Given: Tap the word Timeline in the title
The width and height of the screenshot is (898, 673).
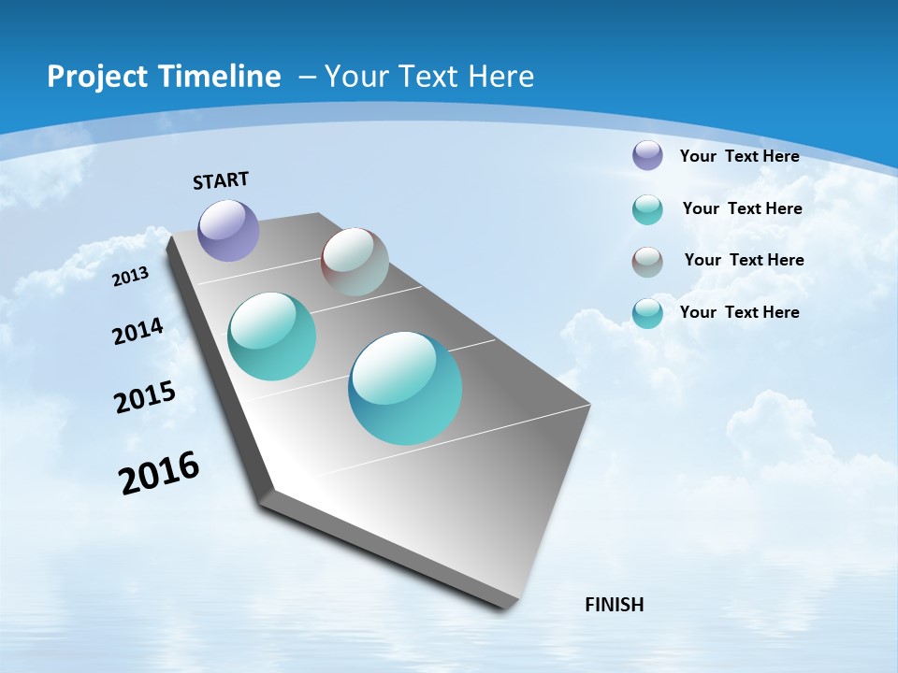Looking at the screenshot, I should (x=220, y=77).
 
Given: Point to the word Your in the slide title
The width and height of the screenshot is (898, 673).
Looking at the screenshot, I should (x=355, y=77).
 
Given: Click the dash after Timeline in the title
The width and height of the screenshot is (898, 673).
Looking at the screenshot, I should (x=307, y=77).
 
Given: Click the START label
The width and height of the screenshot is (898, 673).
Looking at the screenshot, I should (x=221, y=180).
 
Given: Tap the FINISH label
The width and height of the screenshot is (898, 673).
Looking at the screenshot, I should (x=614, y=605).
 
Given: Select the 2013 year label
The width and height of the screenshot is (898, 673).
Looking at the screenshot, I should (x=131, y=276).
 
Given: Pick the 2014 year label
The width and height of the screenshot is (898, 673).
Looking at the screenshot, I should (x=138, y=332).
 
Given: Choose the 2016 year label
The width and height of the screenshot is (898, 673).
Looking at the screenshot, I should (x=159, y=473).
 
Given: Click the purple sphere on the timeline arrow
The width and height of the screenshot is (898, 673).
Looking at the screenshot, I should (x=228, y=230).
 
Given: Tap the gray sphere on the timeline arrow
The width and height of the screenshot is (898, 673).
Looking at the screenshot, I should (x=355, y=262).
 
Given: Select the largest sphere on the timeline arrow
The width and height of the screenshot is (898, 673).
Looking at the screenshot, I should (x=405, y=388).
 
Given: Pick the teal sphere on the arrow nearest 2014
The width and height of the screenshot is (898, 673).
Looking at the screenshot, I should (x=272, y=336).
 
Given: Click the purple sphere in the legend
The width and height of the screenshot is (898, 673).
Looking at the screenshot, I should (x=647, y=155).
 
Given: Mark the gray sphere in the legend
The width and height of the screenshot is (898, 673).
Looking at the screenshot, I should (x=647, y=262).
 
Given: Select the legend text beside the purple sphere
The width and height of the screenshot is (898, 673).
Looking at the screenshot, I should (x=739, y=156).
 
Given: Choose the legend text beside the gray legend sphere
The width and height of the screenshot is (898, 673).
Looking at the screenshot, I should (x=744, y=260).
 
